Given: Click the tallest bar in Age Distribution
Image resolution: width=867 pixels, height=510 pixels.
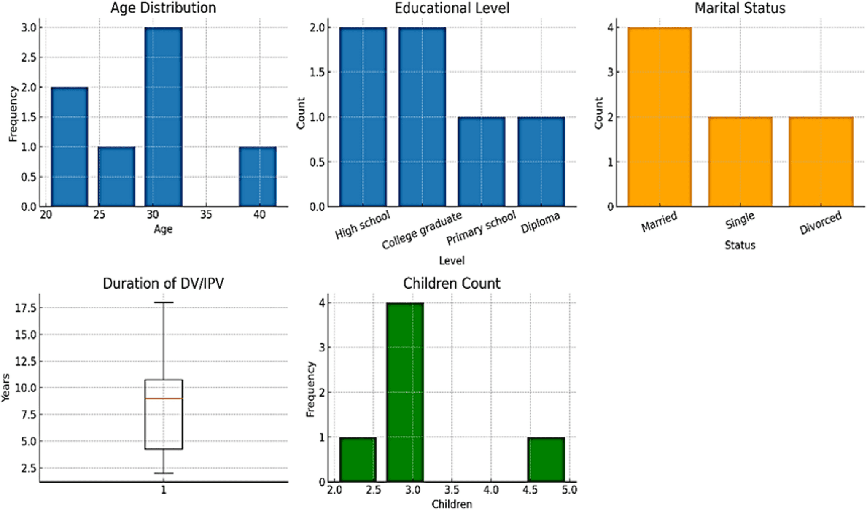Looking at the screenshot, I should point(163,117).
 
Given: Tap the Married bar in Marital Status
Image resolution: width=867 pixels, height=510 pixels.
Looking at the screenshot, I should point(660,117).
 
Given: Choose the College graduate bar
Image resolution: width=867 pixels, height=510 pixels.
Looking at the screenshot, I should point(422,117).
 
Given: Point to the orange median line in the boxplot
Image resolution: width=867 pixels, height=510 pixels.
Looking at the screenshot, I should point(164,399).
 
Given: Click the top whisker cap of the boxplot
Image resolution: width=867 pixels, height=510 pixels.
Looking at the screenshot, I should point(164,302).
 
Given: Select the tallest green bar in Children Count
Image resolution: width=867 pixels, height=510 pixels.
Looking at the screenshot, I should point(405,392).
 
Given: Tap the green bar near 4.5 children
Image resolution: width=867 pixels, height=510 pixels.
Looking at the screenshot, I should point(546,459).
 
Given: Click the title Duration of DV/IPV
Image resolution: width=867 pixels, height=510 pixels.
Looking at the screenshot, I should point(163,283).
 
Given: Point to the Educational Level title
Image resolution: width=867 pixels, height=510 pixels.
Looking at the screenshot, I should point(452,8).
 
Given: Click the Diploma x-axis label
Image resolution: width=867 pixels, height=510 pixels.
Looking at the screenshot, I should point(540,223).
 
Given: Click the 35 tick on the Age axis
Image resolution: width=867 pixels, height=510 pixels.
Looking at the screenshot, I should point(206,215).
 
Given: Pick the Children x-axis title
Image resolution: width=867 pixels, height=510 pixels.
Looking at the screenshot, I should point(452,504).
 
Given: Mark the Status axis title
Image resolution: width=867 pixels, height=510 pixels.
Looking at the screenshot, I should point(740,245).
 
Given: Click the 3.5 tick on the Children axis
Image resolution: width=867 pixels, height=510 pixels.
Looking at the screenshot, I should point(452,490).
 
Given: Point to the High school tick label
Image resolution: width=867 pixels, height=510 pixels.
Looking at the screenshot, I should point(362,225).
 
